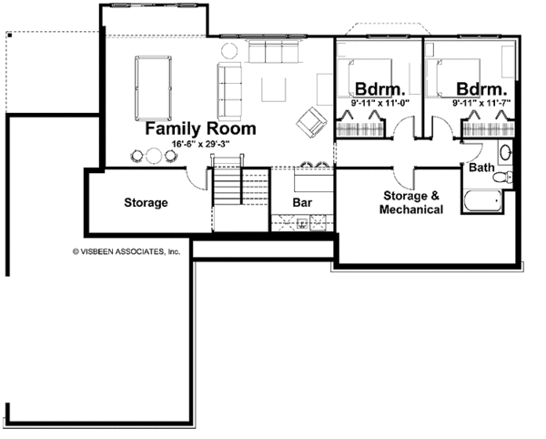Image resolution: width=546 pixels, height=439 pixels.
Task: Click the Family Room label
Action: [x=200, y=128]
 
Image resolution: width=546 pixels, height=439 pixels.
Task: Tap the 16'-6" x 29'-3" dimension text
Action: [x=200, y=144]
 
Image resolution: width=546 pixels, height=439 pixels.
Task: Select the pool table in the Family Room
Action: [x=153, y=88]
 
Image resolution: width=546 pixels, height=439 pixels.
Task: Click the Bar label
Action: [x=302, y=202]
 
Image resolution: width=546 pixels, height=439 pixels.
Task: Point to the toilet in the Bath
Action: [x=503, y=177]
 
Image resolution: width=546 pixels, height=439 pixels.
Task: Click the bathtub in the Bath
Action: [x=482, y=200]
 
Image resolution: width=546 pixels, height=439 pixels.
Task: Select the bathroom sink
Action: [x=505, y=152]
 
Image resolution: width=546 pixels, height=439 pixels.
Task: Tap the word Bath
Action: [x=481, y=168]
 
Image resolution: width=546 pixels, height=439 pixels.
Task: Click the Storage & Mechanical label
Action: [x=411, y=202]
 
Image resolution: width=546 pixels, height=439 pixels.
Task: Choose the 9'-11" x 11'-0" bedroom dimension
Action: [x=379, y=103]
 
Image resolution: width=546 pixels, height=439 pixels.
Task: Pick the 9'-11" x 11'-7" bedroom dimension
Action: [x=481, y=103]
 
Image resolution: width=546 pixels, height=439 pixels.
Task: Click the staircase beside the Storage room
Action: [x=227, y=181]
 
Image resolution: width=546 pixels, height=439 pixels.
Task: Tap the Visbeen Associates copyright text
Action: [x=126, y=251]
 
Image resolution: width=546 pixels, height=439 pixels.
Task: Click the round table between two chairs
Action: [x=154, y=156]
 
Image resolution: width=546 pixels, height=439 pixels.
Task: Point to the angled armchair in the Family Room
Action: [x=311, y=122]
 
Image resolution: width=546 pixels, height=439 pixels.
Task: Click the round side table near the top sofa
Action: [x=229, y=50]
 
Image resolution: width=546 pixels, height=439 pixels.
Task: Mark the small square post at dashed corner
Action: [x=9, y=35]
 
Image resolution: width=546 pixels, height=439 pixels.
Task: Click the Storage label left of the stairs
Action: [x=146, y=202]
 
